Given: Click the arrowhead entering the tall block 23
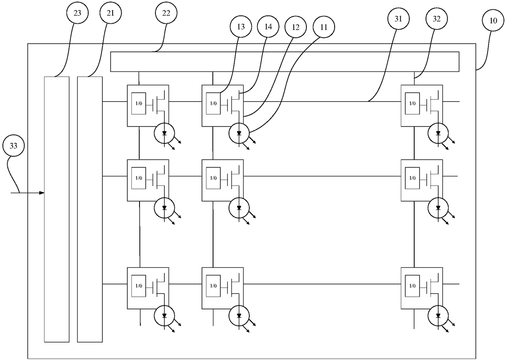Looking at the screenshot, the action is coord(42,193).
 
